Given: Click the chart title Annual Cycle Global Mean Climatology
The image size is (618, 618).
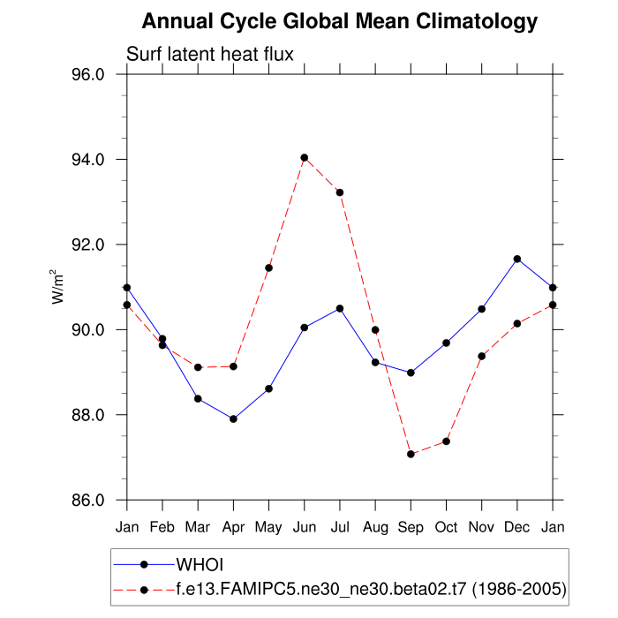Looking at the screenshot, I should tap(340, 21).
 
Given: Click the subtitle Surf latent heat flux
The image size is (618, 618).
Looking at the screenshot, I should tap(210, 54).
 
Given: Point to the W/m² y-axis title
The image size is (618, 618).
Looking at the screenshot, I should tap(58, 287).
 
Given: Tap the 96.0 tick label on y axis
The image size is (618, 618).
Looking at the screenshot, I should tap(87, 75).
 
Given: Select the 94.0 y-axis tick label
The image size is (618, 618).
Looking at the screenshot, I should tap(87, 160).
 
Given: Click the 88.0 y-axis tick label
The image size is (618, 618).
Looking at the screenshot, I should tap(87, 415).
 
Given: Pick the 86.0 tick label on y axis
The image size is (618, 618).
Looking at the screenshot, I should tap(87, 501).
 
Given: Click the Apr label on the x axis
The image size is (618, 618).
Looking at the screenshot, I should tap(233, 528).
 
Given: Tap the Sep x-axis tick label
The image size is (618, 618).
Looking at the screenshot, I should tap(411, 528).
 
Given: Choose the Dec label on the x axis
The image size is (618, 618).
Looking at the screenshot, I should tap(517, 528).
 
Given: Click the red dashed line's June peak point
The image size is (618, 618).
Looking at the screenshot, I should tap(304, 157).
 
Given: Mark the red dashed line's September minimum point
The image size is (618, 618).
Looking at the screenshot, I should tap(411, 454).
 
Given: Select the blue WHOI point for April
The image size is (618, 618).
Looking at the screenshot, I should tap(233, 418).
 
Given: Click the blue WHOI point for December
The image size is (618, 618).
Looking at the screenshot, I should tap(517, 259).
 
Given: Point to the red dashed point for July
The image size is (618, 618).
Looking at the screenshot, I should tap(340, 192).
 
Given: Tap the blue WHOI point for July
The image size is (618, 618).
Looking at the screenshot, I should tap(340, 308).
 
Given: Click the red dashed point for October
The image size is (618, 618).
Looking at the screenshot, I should tap(447, 441).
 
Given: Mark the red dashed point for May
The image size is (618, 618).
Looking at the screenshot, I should tap(268, 268).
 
